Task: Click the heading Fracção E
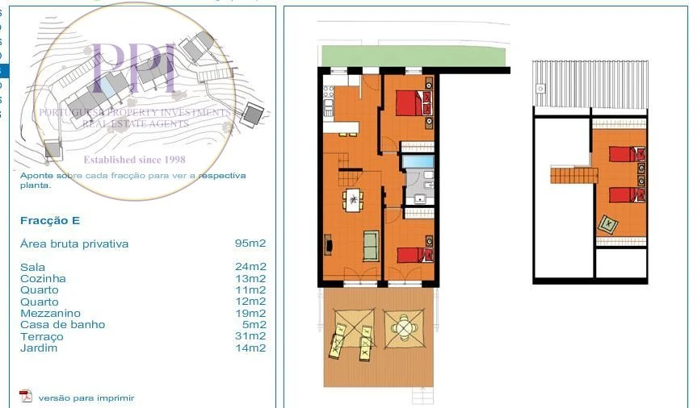tap(50, 221)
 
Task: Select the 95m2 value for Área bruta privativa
tap(250, 244)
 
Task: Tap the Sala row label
tap(32, 267)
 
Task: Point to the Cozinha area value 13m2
tap(250, 278)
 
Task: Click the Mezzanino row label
tap(50, 314)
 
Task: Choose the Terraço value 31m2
tap(250, 336)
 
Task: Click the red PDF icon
tap(26, 396)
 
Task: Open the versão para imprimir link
tap(86, 398)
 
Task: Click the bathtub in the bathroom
tap(418, 161)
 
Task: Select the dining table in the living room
tap(353, 199)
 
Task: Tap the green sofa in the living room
tap(371, 245)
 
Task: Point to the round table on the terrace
tap(402, 328)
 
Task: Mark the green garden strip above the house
tap(412, 56)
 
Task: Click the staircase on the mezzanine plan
tap(572, 173)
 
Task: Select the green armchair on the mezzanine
tap(607, 225)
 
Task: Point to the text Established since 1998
tap(134, 160)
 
